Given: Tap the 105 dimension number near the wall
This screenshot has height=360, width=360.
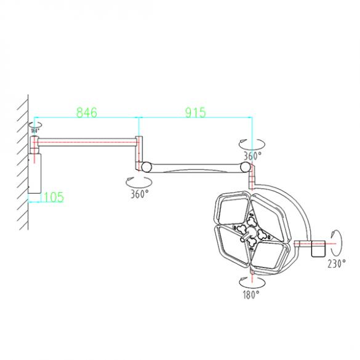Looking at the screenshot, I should pyautogui.click(x=53, y=197).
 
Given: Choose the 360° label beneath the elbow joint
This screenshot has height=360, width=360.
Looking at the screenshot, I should pyautogui.click(x=139, y=194).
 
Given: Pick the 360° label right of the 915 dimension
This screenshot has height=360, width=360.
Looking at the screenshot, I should pyautogui.click(x=253, y=156).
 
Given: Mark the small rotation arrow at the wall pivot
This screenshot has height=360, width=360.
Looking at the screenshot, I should pyautogui.click(x=34, y=125).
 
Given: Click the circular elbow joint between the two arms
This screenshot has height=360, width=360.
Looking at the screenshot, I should pyautogui.click(x=146, y=166).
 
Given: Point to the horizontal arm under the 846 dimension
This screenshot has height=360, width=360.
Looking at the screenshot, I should pyautogui.click(x=86, y=141).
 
